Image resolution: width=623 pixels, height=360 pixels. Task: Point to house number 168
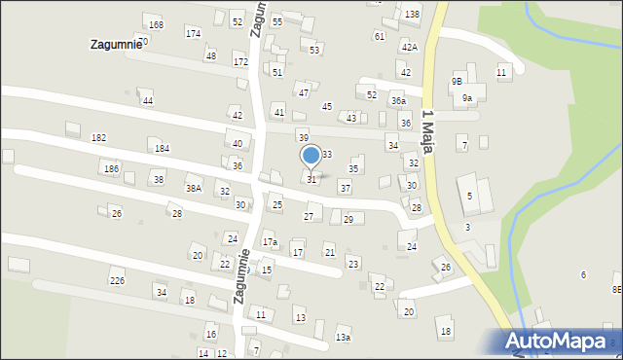click(x=156, y=24)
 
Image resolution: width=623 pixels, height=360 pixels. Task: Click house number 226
click(x=117, y=281)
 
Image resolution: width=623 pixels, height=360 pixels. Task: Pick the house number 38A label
click(x=194, y=189)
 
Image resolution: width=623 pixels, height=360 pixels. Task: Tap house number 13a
click(x=343, y=337)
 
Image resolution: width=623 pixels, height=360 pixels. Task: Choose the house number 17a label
click(x=270, y=241)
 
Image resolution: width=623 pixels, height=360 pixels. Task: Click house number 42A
click(x=409, y=47)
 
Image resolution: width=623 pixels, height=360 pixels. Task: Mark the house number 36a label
click(x=398, y=101)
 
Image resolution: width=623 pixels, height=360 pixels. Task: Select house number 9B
click(x=457, y=82)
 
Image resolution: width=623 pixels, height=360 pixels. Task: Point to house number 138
click(x=412, y=15)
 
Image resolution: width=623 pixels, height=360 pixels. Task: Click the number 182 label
click(x=98, y=139)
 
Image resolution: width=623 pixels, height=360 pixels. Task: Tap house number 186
click(x=111, y=169)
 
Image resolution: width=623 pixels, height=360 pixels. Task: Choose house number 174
click(x=193, y=33)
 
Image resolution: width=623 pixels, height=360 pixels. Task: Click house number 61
click(x=380, y=36)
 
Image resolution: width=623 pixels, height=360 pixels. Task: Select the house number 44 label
click(x=147, y=101)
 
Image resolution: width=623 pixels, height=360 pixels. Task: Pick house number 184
click(x=162, y=148)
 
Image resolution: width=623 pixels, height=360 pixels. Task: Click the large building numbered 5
click(x=470, y=196)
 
